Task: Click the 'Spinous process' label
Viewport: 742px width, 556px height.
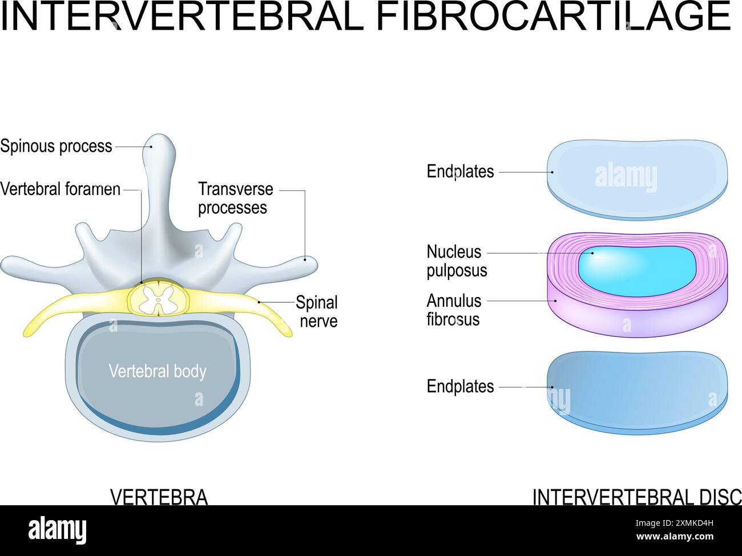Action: click(x=56, y=147)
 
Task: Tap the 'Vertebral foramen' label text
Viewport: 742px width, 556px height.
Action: click(x=61, y=189)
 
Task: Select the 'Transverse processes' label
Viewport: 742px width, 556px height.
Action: click(x=235, y=198)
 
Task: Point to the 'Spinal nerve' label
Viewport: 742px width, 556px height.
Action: click(x=317, y=311)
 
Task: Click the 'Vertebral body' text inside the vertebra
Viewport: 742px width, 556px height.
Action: click(x=158, y=371)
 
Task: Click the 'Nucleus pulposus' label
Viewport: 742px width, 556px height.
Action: click(x=457, y=261)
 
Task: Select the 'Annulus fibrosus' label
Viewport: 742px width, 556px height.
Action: click(x=454, y=310)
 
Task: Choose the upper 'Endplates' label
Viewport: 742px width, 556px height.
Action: click(x=460, y=172)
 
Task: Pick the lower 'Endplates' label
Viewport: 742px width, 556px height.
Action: click(x=460, y=387)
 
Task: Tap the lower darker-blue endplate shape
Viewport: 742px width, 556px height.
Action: click(x=637, y=388)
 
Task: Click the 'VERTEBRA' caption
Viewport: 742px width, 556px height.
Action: click(x=159, y=497)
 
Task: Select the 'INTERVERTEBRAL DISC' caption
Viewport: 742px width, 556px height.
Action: click(x=636, y=497)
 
